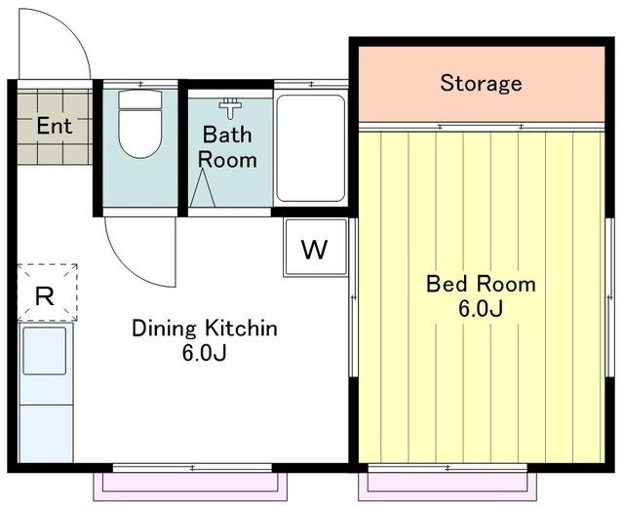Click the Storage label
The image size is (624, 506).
click(481, 83)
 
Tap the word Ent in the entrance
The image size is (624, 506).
click(55, 126)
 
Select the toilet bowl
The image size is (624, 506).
click(140, 135)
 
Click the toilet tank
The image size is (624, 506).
click(140, 99)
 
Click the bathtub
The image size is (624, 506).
click(311, 148)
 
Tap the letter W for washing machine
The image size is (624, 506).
click(314, 250)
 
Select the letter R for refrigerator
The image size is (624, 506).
click(45, 296)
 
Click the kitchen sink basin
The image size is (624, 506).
click(44, 351)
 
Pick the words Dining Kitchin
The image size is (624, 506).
click(205, 329)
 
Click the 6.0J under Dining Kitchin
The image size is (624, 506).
click(204, 353)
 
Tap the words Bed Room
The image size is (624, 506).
click(481, 284)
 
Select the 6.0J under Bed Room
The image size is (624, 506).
click(481, 309)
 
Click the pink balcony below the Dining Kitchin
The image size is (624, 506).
click(190, 487)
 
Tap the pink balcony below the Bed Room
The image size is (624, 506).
click(448, 487)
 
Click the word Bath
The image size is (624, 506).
click(227, 135)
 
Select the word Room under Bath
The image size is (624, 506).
click(227, 160)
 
